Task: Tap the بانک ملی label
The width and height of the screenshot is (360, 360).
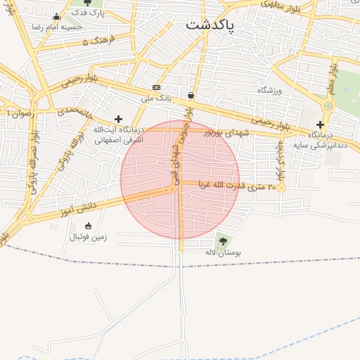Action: coord(156,98)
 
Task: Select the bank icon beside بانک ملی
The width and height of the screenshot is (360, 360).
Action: coord(156,87)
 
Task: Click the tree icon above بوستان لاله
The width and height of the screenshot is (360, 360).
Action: coord(224,241)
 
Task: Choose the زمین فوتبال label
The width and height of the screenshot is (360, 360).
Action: coord(88,237)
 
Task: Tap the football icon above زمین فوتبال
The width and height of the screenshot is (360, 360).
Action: coord(88,226)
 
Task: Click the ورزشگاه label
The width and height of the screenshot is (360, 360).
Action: coord(269,91)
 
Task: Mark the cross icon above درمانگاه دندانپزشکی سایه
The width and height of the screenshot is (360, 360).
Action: coord(320,124)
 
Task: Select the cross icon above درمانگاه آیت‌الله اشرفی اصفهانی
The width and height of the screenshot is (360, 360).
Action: coord(118,119)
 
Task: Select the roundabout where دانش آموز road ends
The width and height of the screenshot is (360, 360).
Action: coord(172,189)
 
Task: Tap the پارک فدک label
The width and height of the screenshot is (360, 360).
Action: coord(92,13)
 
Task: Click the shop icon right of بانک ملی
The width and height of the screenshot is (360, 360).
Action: coord(191,95)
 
